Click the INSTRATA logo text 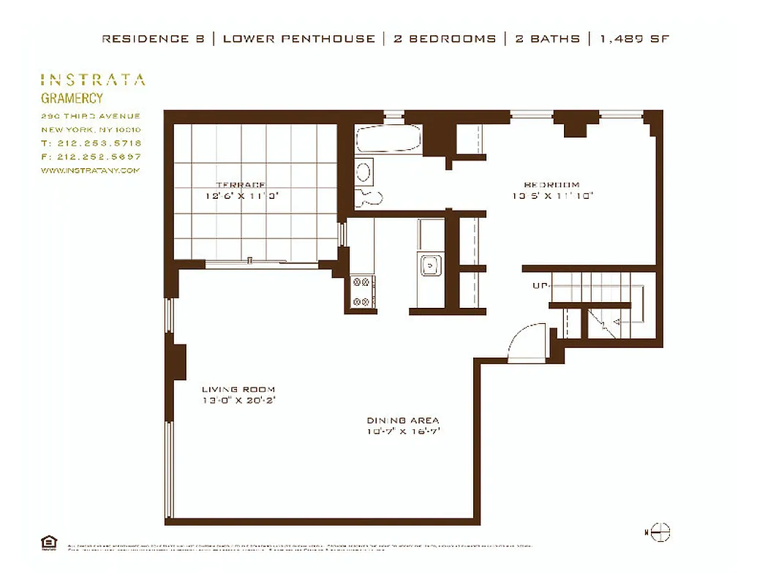click(93, 80)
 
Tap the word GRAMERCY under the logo click(72, 98)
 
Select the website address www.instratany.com click(90, 170)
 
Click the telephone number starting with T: click(91, 143)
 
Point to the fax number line click(91, 156)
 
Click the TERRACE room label click(240, 185)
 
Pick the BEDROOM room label click(551, 185)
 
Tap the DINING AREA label click(403, 420)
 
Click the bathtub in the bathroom click(388, 139)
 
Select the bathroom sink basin click(364, 172)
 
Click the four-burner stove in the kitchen click(361, 291)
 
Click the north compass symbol click(659, 532)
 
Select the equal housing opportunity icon click(49, 542)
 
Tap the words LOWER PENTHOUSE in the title click(298, 39)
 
